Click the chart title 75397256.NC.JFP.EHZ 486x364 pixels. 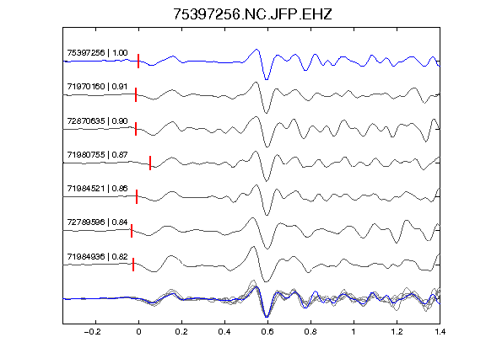(x=252, y=14)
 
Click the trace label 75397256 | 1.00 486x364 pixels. (x=97, y=53)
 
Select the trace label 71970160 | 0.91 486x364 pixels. (x=97, y=86)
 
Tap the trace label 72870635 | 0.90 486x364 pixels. (x=97, y=120)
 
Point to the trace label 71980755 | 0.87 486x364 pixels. (x=97, y=154)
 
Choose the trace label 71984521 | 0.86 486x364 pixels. (x=97, y=188)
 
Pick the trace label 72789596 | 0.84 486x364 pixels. (x=97, y=222)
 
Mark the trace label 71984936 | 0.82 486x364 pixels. (x=97, y=257)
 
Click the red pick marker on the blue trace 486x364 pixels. (x=138, y=61)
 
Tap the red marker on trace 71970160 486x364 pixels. (x=136, y=94)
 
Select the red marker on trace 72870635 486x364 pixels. (x=136, y=129)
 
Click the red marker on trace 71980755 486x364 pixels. (x=150, y=163)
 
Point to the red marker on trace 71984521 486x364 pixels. (x=137, y=197)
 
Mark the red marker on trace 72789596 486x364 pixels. (x=132, y=231)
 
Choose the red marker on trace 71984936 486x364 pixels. (x=133, y=265)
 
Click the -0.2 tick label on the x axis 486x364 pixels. (x=93, y=332)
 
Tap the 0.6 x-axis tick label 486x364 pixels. (x=267, y=332)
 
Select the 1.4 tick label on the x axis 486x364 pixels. (x=440, y=332)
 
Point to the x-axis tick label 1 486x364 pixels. (x=354, y=332)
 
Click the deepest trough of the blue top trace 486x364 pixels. (x=267, y=79)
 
